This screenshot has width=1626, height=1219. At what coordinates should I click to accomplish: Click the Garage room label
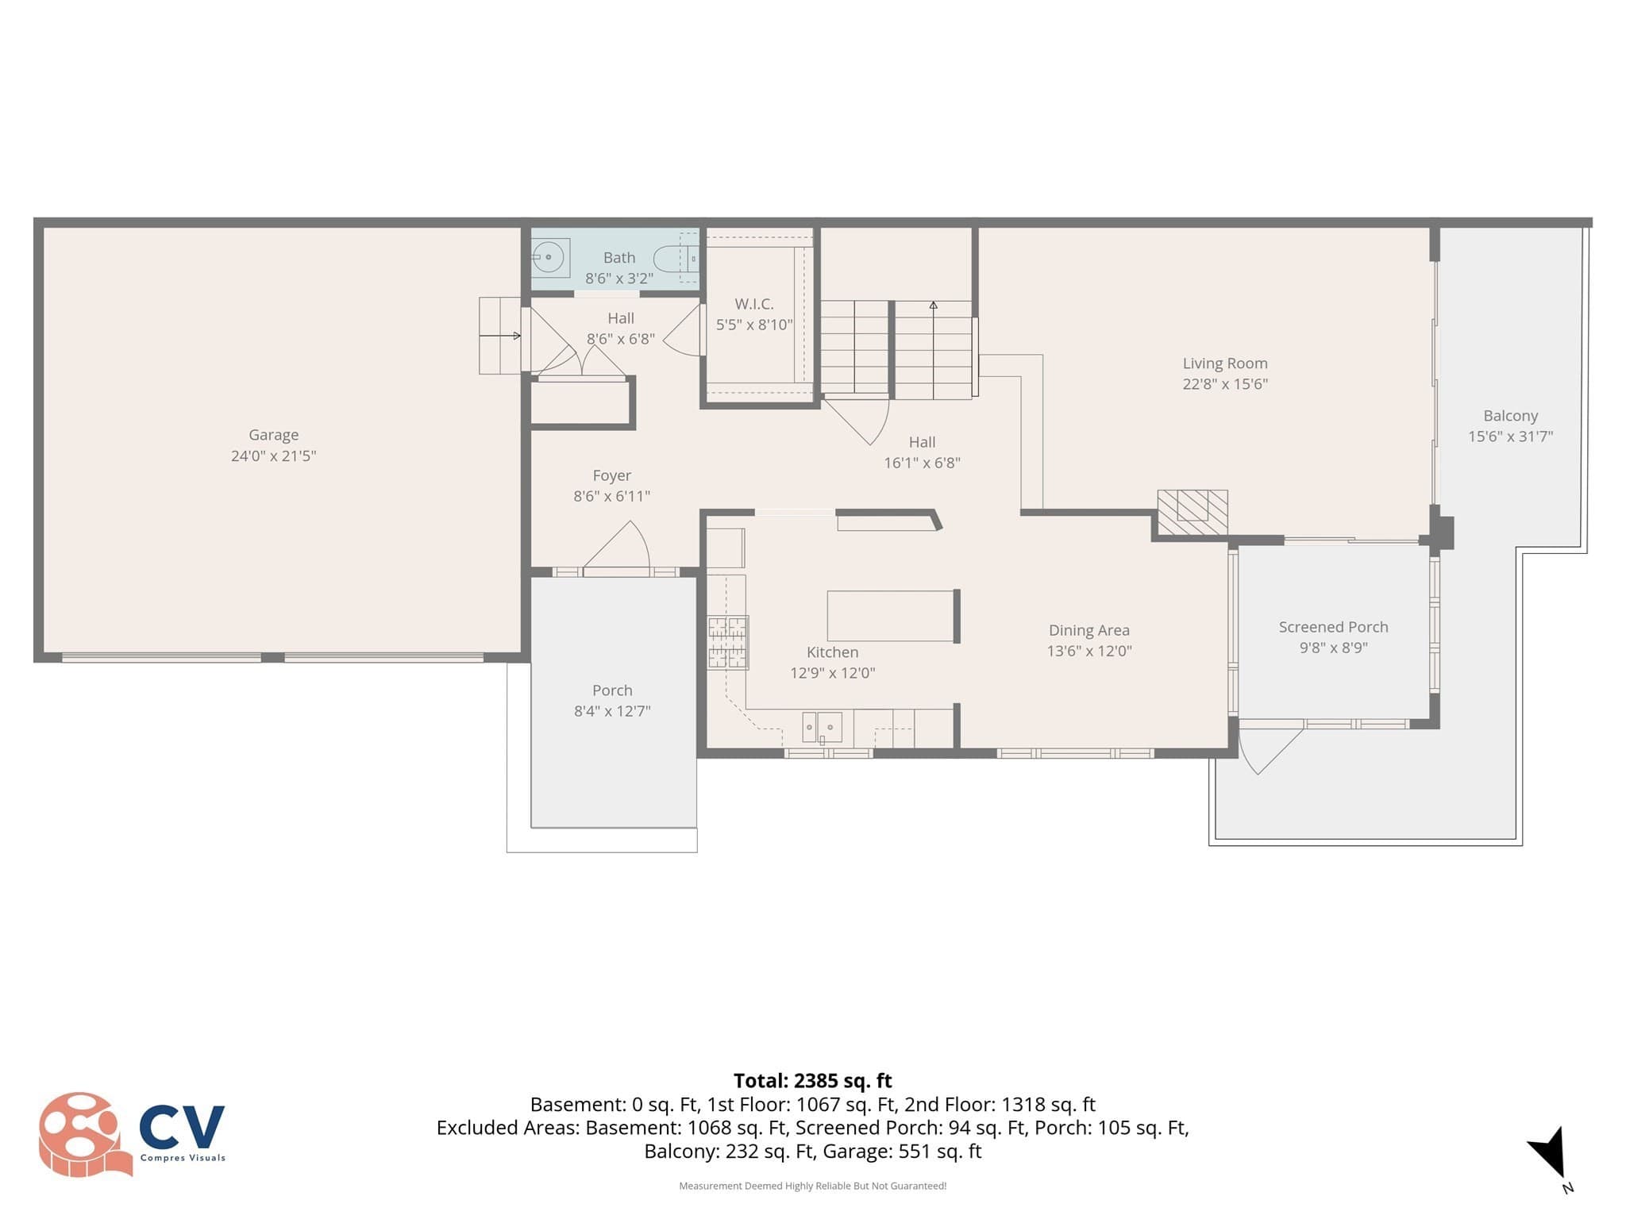(x=273, y=435)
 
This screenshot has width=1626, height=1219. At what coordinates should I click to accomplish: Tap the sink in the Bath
(x=549, y=257)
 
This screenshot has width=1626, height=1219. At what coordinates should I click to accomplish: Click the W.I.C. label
(x=754, y=304)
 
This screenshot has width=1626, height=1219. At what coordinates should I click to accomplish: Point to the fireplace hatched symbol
(x=1193, y=512)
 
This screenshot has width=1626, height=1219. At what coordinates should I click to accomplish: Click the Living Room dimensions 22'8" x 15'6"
(x=1225, y=384)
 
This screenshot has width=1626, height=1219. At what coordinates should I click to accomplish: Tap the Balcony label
(x=1511, y=416)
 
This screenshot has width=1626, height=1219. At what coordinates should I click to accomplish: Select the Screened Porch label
(x=1333, y=627)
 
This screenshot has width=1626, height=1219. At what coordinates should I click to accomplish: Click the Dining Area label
(x=1089, y=630)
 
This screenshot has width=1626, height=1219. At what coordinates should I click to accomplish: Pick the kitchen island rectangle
(x=891, y=616)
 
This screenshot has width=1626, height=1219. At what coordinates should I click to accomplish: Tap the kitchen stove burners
(x=727, y=642)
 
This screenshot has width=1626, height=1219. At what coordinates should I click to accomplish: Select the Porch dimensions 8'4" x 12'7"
(x=612, y=711)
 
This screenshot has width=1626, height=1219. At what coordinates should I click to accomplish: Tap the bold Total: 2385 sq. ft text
(x=813, y=1081)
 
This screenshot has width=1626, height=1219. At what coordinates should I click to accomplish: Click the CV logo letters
(x=183, y=1127)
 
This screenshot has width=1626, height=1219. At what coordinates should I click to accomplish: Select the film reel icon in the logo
(x=83, y=1134)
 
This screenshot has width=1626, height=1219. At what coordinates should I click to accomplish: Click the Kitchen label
(x=832, y=652)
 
